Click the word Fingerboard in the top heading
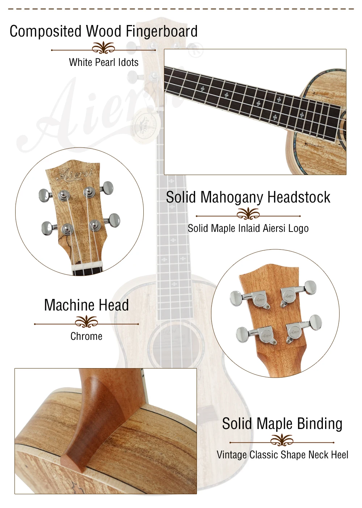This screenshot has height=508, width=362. [161, 31]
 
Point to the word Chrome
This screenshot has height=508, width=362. [86, 336]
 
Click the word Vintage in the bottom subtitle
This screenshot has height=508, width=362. [232, 455]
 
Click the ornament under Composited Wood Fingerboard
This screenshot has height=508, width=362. [104, 47]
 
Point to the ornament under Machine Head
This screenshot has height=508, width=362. [86, 321]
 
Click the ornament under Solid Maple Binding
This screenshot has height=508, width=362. [282, 440]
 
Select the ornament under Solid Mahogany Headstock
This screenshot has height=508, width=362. [248, 213]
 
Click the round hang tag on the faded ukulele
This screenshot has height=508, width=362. [144, 126]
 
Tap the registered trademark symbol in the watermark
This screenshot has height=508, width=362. [196, 50]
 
